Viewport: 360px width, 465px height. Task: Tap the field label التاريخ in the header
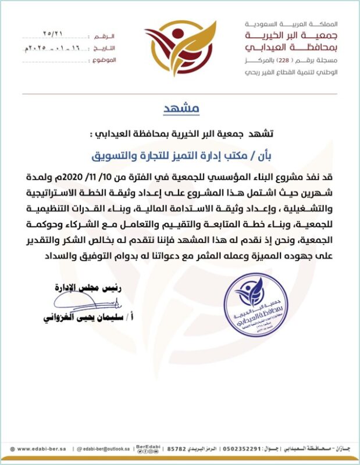(108, 48)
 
